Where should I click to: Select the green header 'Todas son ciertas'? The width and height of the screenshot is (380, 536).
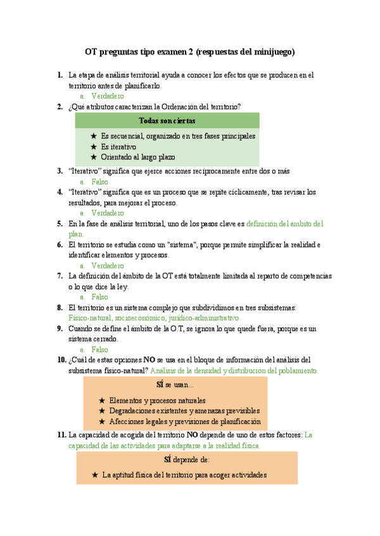[167, 121]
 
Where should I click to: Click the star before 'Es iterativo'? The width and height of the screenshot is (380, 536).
[94, 147]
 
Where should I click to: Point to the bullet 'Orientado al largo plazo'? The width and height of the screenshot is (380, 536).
[137, 157]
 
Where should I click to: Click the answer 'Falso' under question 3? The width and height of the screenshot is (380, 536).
[99, 181]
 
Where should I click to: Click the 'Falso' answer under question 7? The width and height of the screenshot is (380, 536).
[99, 297]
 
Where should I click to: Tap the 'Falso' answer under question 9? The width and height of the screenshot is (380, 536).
[99, 350]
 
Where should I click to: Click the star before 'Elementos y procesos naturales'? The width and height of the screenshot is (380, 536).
[103, 401]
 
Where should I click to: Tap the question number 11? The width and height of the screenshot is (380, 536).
[61, 435]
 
